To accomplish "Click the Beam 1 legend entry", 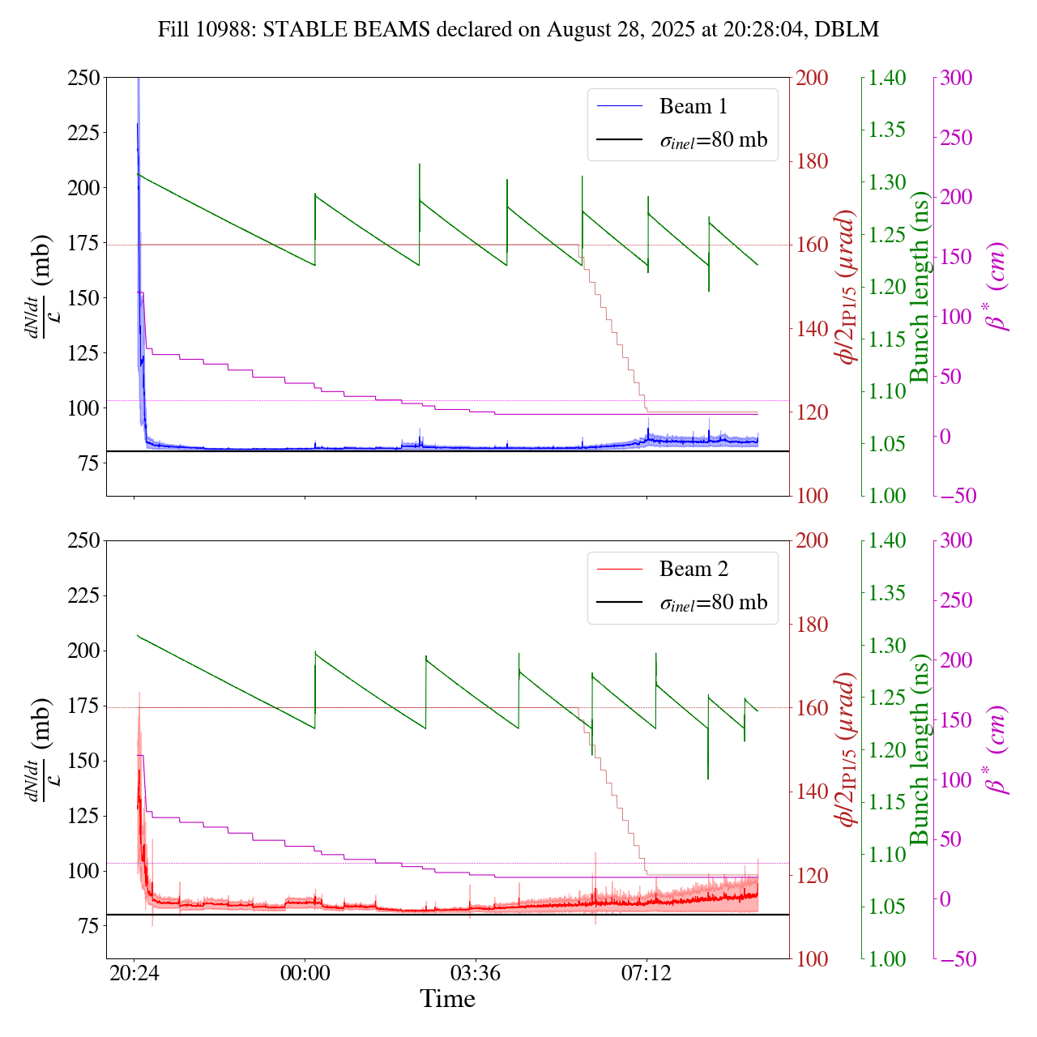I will (x=693, y=106).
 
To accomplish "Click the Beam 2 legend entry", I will (x=693, y=570).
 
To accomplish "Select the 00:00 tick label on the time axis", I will (x=305, y=972).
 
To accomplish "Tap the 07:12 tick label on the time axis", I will (x=647, y=972).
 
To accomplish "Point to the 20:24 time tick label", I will (x=134, y=972).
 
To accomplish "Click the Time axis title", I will (x=447, y=999).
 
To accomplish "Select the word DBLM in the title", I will (x=847, y=30).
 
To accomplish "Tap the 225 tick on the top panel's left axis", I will (x=83, y=133).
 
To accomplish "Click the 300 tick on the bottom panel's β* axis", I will (x=956, y=541).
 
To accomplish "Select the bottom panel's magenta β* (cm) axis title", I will (x=997, y=749).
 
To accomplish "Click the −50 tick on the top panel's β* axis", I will (x=956, y=496).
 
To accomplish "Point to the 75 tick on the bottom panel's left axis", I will (x=88, y=926).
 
